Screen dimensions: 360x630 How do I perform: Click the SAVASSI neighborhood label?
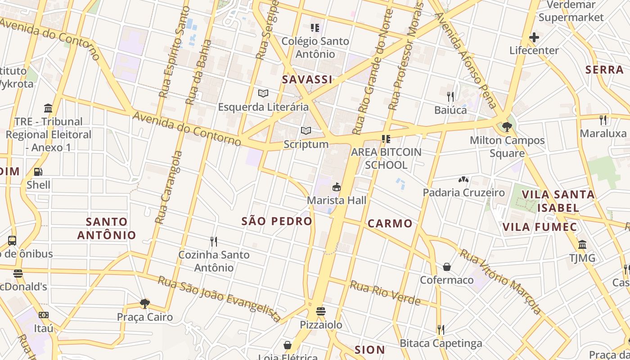tap(307, 80)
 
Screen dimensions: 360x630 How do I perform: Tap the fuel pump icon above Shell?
tap(38, 172)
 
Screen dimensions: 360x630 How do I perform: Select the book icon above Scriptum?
tap(306, 131)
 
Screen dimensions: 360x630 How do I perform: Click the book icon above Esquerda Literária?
tap(263, 94)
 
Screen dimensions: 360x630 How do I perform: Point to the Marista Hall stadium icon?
tap(336, 187)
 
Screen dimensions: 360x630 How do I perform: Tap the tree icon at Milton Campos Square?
tap(507, 127)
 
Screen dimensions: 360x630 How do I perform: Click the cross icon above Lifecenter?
tap(534, 37)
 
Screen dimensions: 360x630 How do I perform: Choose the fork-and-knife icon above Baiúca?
tap(450, 96)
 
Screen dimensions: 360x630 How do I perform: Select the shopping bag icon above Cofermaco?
tap(447, 267)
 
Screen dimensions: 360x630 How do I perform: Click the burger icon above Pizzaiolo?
tap(321, 311)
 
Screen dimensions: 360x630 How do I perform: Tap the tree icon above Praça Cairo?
tap(145, 304)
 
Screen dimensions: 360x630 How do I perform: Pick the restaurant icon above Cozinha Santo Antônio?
tap(214, 242)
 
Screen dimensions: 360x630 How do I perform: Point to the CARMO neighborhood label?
tap(390, 223)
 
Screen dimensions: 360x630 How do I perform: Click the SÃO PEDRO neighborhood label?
tap(277, 221)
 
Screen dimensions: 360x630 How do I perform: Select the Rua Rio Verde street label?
tap(385, 292)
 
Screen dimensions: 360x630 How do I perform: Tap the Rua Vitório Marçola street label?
tap(500, 281)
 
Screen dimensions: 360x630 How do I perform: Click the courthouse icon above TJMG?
tap(582, 245)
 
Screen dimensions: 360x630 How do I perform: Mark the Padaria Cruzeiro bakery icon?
tap(463, 180)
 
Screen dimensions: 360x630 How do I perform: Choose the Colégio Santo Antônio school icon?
tap(315, 28)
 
